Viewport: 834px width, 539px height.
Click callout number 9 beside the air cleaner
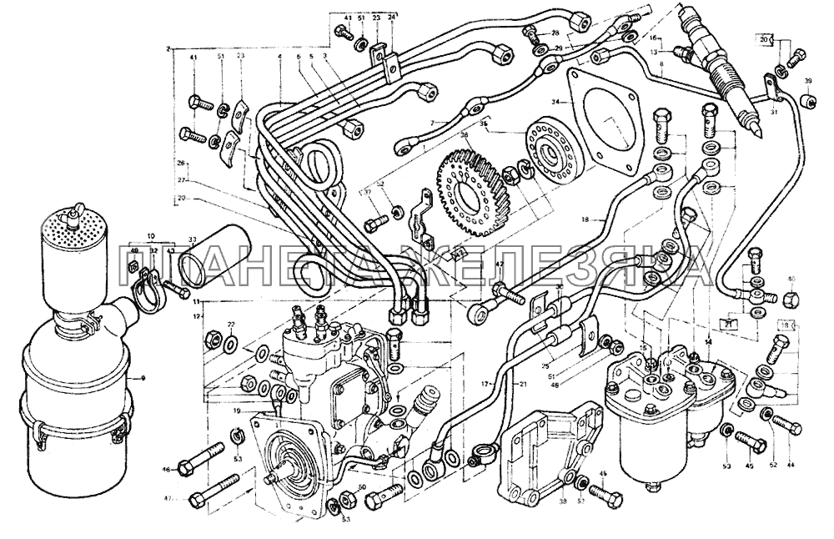pos(143,380)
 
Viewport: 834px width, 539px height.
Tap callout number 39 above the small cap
pos(807,82)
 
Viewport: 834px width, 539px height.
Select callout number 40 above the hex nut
pos(791,279)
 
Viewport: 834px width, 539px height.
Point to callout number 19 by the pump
pos(238,411)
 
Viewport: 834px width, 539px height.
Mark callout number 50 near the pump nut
pos(362,487)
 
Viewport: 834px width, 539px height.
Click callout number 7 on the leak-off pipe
pos(432,123)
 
